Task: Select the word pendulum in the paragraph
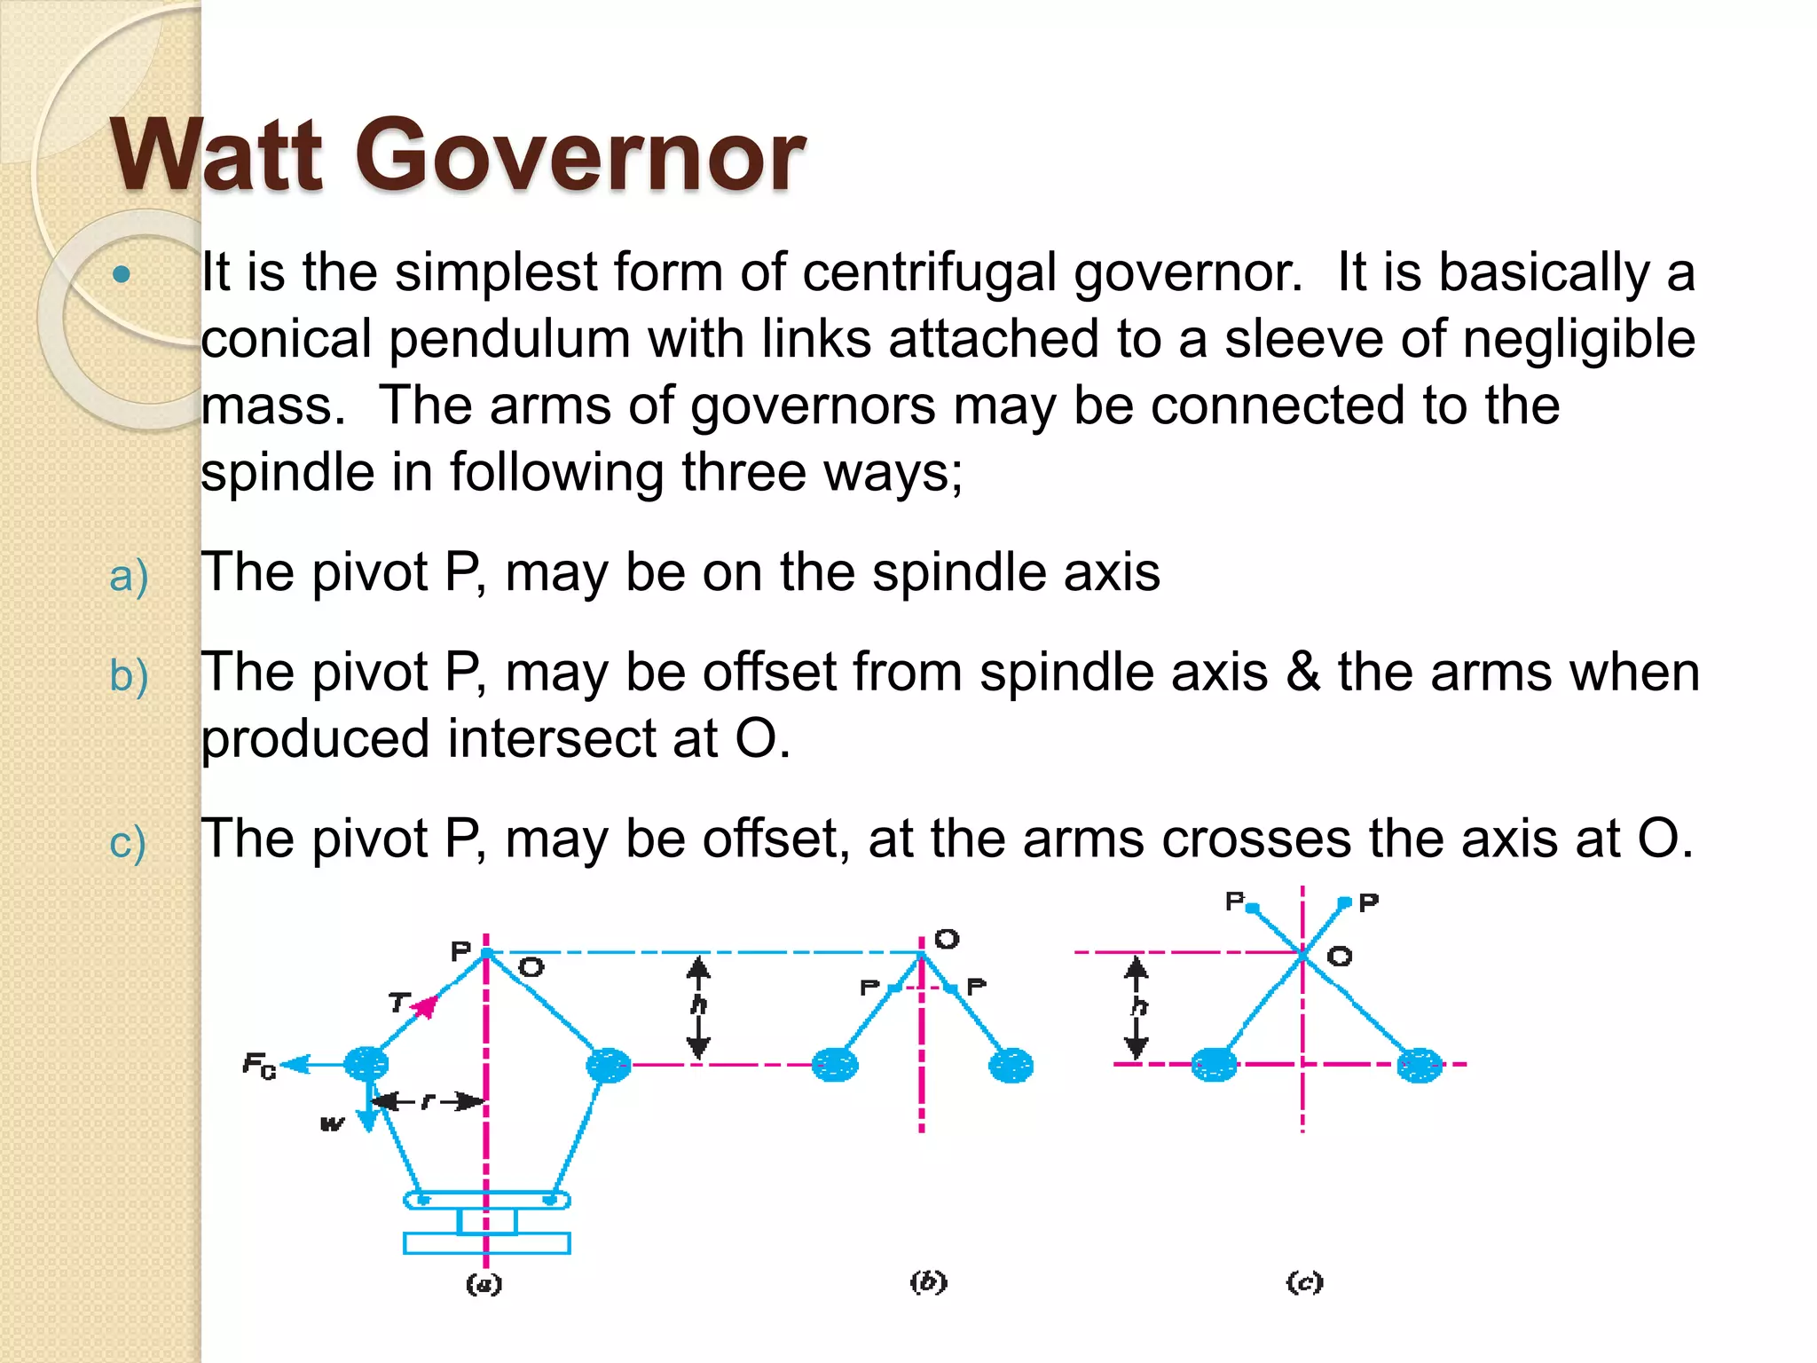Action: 508,339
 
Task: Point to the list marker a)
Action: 128,576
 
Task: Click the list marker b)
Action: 128,676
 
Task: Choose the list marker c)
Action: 127,842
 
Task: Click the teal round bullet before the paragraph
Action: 122,274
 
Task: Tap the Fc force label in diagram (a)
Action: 259,1065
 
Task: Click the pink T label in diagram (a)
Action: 398,1003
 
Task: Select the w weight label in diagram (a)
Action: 331,1124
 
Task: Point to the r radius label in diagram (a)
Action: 428,1101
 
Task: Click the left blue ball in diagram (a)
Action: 366,1063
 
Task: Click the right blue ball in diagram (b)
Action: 1011,1065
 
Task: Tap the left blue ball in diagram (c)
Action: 1214,1064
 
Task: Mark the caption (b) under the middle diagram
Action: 929,1282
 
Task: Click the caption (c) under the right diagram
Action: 1304,1282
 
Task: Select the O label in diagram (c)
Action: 1340,957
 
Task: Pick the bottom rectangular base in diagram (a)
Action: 486,1243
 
